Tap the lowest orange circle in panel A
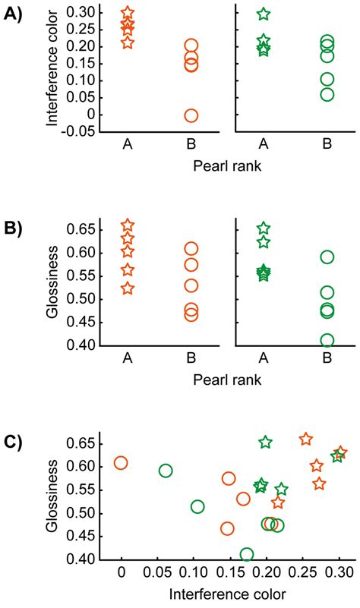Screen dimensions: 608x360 pos(191,115)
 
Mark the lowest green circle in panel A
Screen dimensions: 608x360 pos(327,94)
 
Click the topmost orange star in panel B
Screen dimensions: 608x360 pos(128,225)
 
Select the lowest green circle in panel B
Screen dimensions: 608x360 pos(327,340)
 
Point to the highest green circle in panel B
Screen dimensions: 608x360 pos(327,257)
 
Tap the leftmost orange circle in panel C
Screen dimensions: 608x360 pos(121,463)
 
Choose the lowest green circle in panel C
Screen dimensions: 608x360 pos(246,555)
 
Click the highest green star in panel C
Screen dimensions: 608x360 pos(266,442)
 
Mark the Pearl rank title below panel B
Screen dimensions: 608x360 pos(227,379)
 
